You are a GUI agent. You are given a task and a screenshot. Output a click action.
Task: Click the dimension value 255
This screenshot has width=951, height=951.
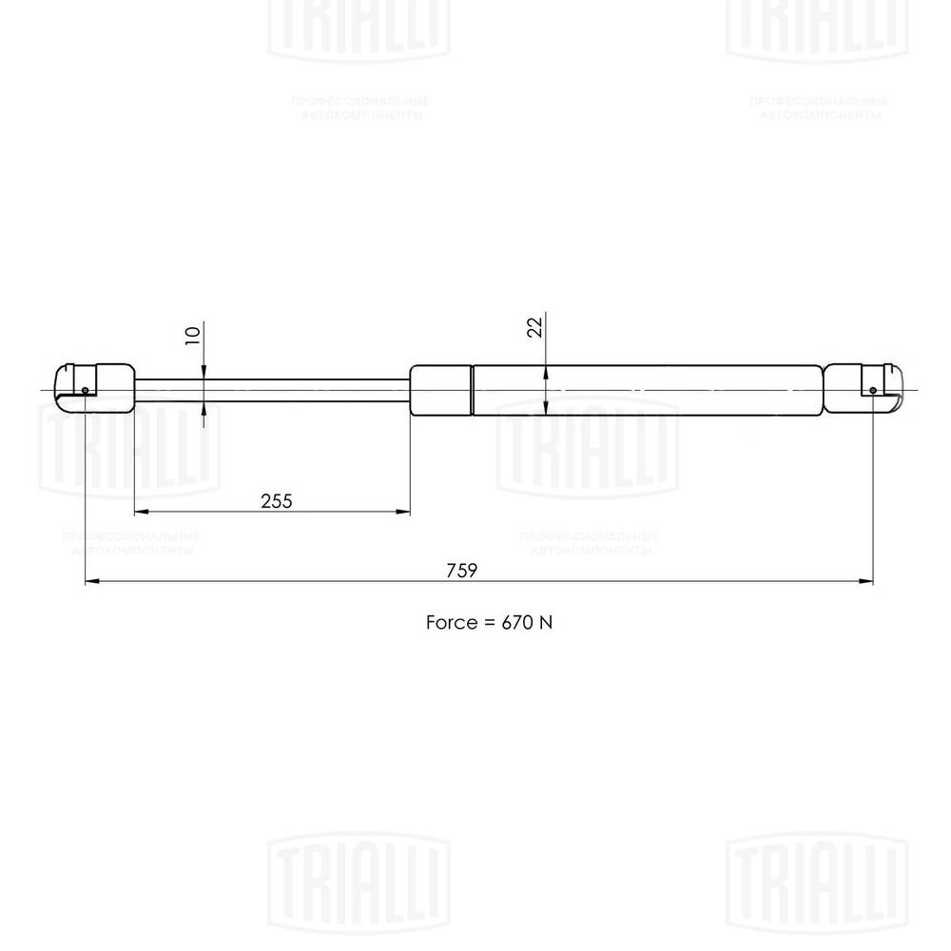click(x=276, y=500)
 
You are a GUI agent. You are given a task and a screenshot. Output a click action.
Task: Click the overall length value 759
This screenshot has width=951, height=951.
click(x=461, y=571)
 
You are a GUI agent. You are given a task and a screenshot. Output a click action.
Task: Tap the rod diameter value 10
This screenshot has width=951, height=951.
click(x=193, y=335)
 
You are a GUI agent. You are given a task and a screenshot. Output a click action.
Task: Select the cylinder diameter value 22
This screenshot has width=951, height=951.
click(x=534, y=327)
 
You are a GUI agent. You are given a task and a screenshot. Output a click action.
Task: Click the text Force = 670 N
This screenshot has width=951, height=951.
click(x=489, y=623)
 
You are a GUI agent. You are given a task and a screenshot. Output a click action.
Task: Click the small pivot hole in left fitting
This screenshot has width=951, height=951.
click(x=86, y=389)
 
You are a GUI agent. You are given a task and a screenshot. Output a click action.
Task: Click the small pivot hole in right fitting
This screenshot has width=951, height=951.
click(x=873, y=390)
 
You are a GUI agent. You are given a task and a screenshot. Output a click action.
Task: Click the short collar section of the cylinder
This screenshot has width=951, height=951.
click(x=441, y=390)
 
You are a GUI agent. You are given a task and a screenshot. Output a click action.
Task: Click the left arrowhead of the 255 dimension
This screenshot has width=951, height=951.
click(x=140, y=512)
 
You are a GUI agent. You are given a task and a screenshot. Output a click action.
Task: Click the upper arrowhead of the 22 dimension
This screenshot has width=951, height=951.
click(x=546, y=372)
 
